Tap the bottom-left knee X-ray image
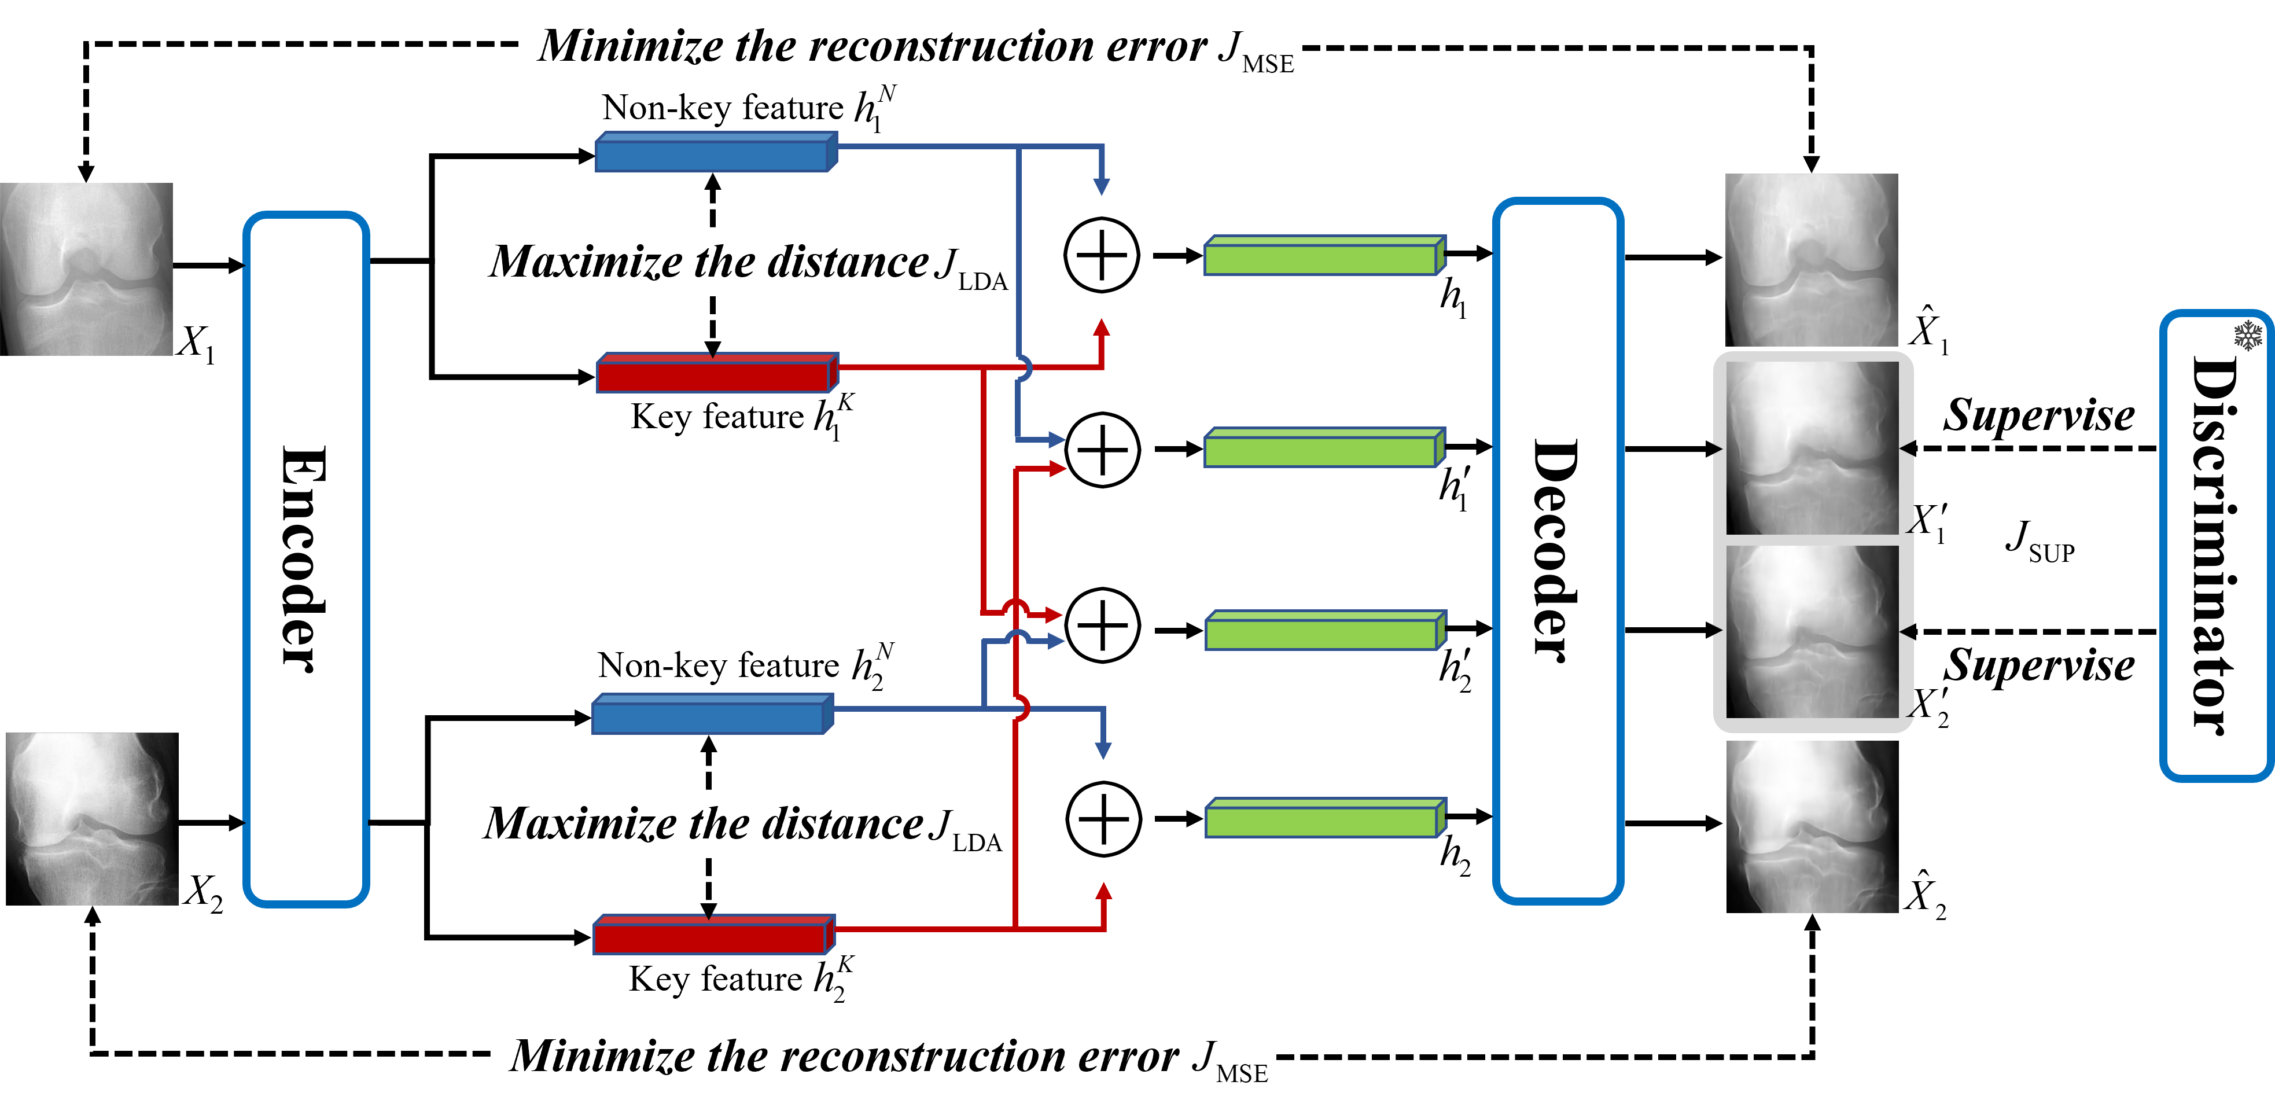point(93,819)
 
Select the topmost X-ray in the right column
point(1812,260)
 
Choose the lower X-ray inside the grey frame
point(1812,631)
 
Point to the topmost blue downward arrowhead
point(1101,186)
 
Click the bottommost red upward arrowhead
point(1103,891)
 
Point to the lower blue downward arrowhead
point(1103,750)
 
